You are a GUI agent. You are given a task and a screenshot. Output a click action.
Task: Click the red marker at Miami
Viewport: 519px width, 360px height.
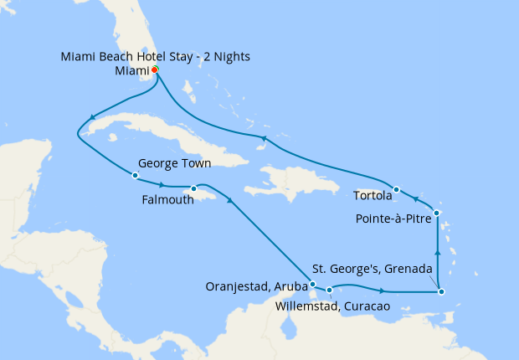pos(156,70)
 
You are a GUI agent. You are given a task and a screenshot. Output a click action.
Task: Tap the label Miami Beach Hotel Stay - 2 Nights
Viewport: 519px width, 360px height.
pos(156,56)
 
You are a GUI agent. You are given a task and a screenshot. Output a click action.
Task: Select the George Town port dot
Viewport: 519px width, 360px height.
pos(135,175)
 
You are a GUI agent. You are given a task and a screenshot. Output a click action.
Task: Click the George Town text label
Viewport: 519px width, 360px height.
pos(175,163)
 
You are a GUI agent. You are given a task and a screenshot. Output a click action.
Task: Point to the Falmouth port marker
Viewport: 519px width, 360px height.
pos(193,188)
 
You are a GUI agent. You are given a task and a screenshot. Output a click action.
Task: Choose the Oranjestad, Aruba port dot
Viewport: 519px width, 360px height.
pos(312,285)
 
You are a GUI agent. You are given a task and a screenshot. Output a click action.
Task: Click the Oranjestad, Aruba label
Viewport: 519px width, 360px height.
pos(256,287)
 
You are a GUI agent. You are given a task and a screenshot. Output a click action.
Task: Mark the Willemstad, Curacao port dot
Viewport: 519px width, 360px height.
pos(330,291)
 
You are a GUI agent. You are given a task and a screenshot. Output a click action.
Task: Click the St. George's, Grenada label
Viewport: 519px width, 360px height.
pos(372,269)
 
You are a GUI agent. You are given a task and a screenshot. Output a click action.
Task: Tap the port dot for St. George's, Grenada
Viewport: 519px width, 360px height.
pos(441,291)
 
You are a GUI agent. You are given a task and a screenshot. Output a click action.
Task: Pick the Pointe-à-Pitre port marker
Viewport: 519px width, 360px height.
pos(437,213)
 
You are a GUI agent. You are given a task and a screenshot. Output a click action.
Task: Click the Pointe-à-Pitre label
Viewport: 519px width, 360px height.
pos(392,219)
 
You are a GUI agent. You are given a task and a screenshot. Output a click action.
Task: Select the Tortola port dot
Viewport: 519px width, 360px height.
pos(397,189)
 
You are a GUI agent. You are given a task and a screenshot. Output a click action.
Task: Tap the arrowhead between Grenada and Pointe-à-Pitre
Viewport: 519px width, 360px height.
pos(438,249)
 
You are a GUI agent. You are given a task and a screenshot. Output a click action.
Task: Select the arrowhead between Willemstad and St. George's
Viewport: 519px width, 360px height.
pos(382,291)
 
